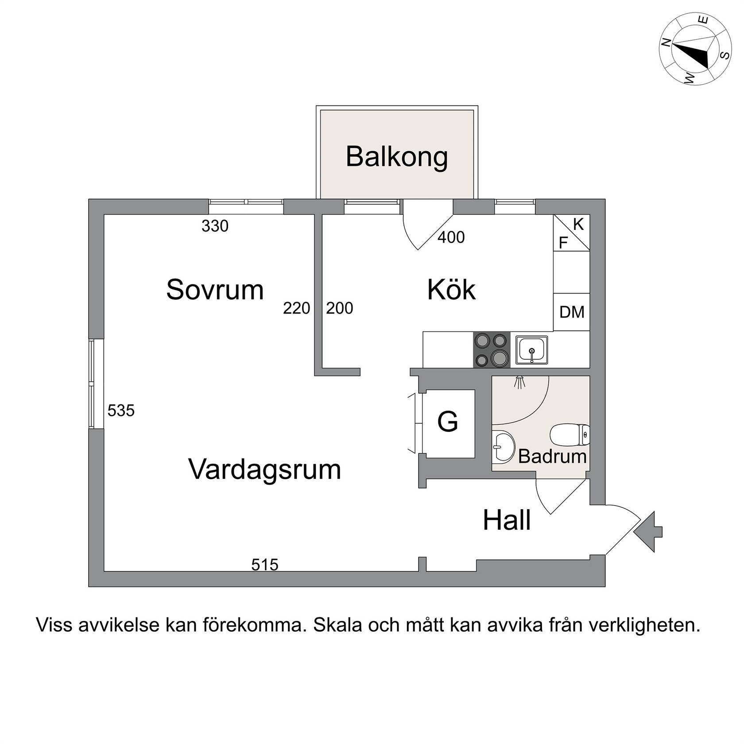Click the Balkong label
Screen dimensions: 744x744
pos(397,157)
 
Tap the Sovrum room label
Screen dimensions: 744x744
pos(215,290)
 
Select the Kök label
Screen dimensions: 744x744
pos(451,290)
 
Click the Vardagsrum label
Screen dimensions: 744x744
pos(265,469)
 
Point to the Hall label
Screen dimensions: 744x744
pos(507,520)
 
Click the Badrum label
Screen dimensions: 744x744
pos(552,456)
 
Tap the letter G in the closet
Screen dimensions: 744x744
pos(447,422)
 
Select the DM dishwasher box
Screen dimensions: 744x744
pos(572,312)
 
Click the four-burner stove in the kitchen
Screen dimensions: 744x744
pos(492,350)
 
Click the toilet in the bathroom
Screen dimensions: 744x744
pos(570,435)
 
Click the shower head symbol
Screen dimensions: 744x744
pos(519,382)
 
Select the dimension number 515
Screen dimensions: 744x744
pos(265,565)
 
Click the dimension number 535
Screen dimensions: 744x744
pos(121,411)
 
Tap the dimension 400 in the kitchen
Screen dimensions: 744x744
pos(451,237)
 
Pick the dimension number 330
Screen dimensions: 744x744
pos(215,226)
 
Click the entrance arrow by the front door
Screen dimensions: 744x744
pos(648,531)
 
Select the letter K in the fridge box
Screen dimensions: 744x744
pos(578,225)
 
